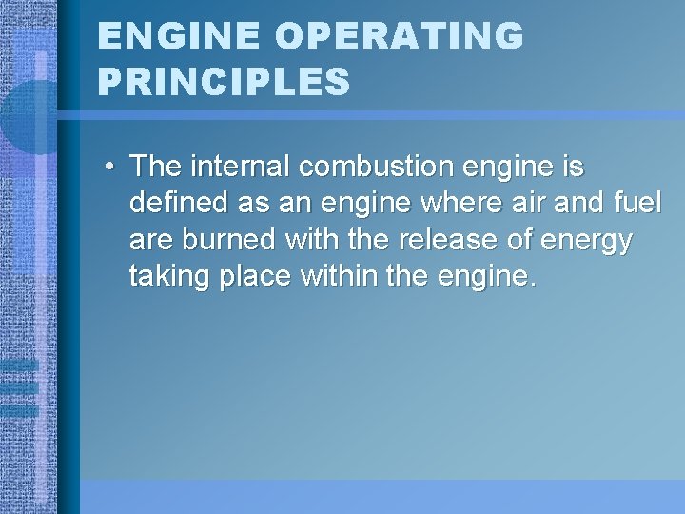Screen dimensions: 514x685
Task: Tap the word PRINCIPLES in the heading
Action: [224, 82]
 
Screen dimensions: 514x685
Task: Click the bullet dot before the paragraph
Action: [111, 168]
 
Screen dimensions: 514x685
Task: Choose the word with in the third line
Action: [316, 242]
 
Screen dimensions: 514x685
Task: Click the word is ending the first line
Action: [575, 167]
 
